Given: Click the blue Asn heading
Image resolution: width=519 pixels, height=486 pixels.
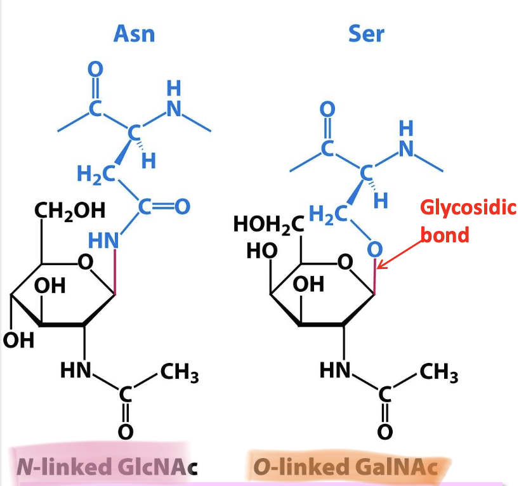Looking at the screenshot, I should pyautogui.click(x=134, y=34).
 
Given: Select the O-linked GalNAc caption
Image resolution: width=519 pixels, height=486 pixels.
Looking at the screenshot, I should pyautogui.click(x=345, y=468).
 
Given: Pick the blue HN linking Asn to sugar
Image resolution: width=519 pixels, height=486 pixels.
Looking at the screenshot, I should pyautogui.click(x=103, y=240).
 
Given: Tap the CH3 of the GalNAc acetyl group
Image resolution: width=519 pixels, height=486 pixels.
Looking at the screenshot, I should pyautogui.click(x=439, y=374).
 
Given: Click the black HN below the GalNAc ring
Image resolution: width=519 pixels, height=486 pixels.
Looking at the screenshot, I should pyautogui.click(x=336, y=369).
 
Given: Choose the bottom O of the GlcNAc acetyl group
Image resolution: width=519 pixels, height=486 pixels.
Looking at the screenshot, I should pyautogui.click(x=125, y=431).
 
